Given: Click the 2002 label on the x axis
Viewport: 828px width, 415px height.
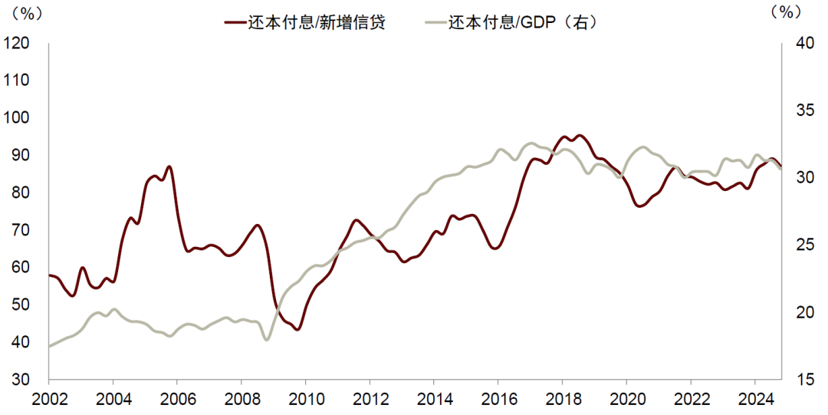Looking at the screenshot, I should pos(48,398).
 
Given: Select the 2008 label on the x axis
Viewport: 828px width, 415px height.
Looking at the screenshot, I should pos(241,398).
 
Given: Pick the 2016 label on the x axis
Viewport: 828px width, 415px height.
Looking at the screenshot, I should pos(498,398).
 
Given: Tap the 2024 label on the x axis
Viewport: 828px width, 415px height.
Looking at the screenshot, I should pos(754,398).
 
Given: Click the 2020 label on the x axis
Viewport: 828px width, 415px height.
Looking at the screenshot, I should pos(626,398).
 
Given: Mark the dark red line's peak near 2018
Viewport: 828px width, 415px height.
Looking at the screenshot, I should pos(579,136).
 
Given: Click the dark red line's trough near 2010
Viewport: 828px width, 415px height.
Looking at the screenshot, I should pos(297,329).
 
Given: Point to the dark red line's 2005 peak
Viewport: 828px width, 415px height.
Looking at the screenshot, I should pos(169,166).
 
